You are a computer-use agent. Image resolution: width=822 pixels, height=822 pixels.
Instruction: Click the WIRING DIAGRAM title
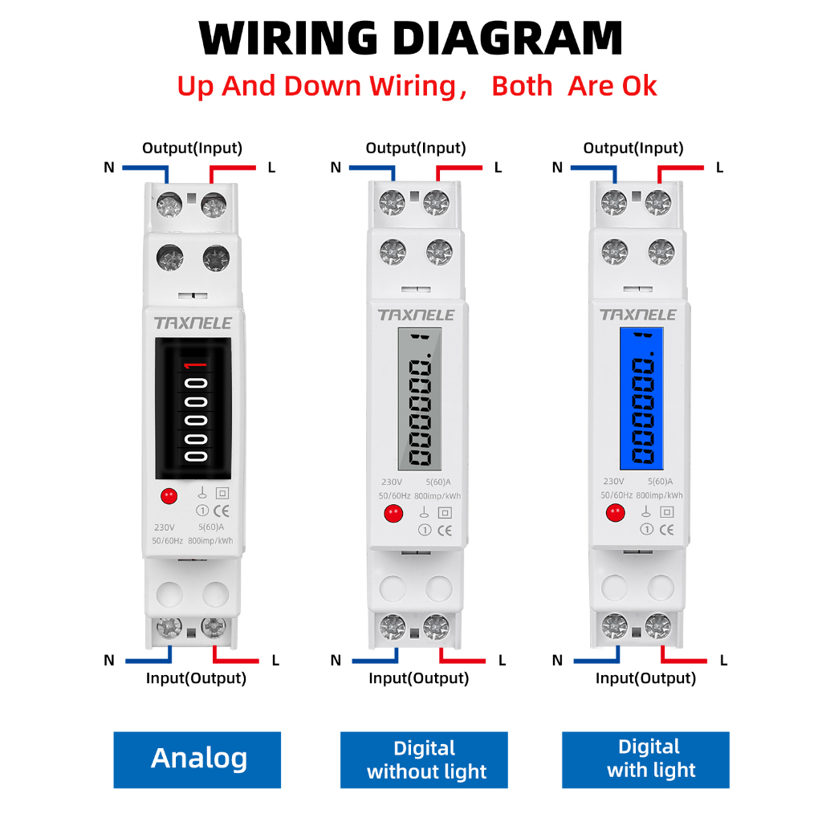coord(410,38)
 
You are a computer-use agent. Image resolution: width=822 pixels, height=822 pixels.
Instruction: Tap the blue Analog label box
coord(197,759)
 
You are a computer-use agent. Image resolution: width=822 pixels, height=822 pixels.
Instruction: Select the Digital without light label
coord(425,759)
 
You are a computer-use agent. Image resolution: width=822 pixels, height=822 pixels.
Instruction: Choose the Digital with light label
coord(645,759)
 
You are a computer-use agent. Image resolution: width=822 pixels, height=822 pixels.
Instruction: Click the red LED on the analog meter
coord(169,496)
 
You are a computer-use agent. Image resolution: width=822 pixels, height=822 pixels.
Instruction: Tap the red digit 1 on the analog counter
coord(195,368)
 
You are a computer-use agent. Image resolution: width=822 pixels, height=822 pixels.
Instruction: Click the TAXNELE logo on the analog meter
coord(193,323)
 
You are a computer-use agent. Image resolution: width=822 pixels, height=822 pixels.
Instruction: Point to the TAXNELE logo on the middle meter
coord(416,315)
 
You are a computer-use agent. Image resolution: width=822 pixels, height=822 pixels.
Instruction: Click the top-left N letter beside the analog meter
coord(109,168)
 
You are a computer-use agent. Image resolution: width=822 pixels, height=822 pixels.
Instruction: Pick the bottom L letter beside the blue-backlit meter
coord(723,661)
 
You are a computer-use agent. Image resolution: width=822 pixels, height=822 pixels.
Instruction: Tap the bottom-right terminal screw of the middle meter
coord(437,626)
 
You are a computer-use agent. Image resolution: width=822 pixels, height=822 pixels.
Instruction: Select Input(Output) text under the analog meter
coord(196,678)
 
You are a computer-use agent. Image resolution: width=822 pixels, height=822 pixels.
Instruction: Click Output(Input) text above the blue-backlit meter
coord(633,148)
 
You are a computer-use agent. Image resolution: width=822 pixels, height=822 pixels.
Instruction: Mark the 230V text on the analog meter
coord(164,527)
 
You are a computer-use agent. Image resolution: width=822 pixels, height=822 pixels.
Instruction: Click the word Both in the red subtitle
coord(522,86)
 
